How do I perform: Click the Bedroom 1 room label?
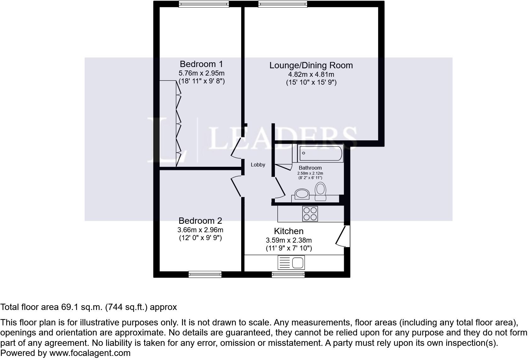(x=201, y=64)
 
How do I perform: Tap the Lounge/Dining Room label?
(x=311, y=65)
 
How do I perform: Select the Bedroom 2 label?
(x=200, y=221)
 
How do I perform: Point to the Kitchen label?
(x=288, y=231)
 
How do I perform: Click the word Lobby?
(x=258, y=165)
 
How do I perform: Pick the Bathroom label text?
(x=310, y=168)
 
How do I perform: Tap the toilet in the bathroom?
(x=321, y=192)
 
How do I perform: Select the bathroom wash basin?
(x=302, y=194)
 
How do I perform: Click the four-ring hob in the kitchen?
(x=310, y=214)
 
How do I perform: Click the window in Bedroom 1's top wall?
(x=204, y=4)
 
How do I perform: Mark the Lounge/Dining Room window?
(x=282, y=4)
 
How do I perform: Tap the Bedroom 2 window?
(x=205, y=274)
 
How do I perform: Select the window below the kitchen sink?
(x=288, y=274)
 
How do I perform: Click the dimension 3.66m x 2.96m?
(x=200, y=230)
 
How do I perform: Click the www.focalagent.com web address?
(x=90, y=353)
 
